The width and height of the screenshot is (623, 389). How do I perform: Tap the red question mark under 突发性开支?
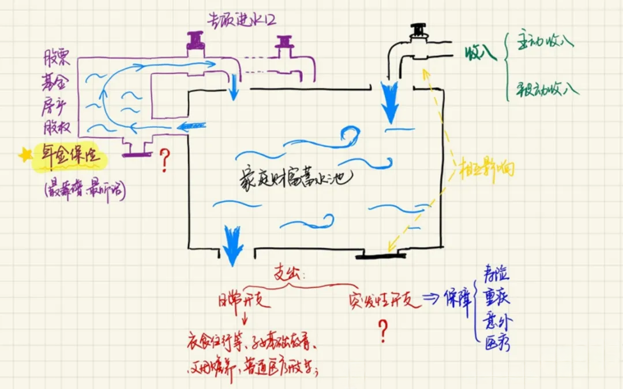(x=382, y=331)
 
